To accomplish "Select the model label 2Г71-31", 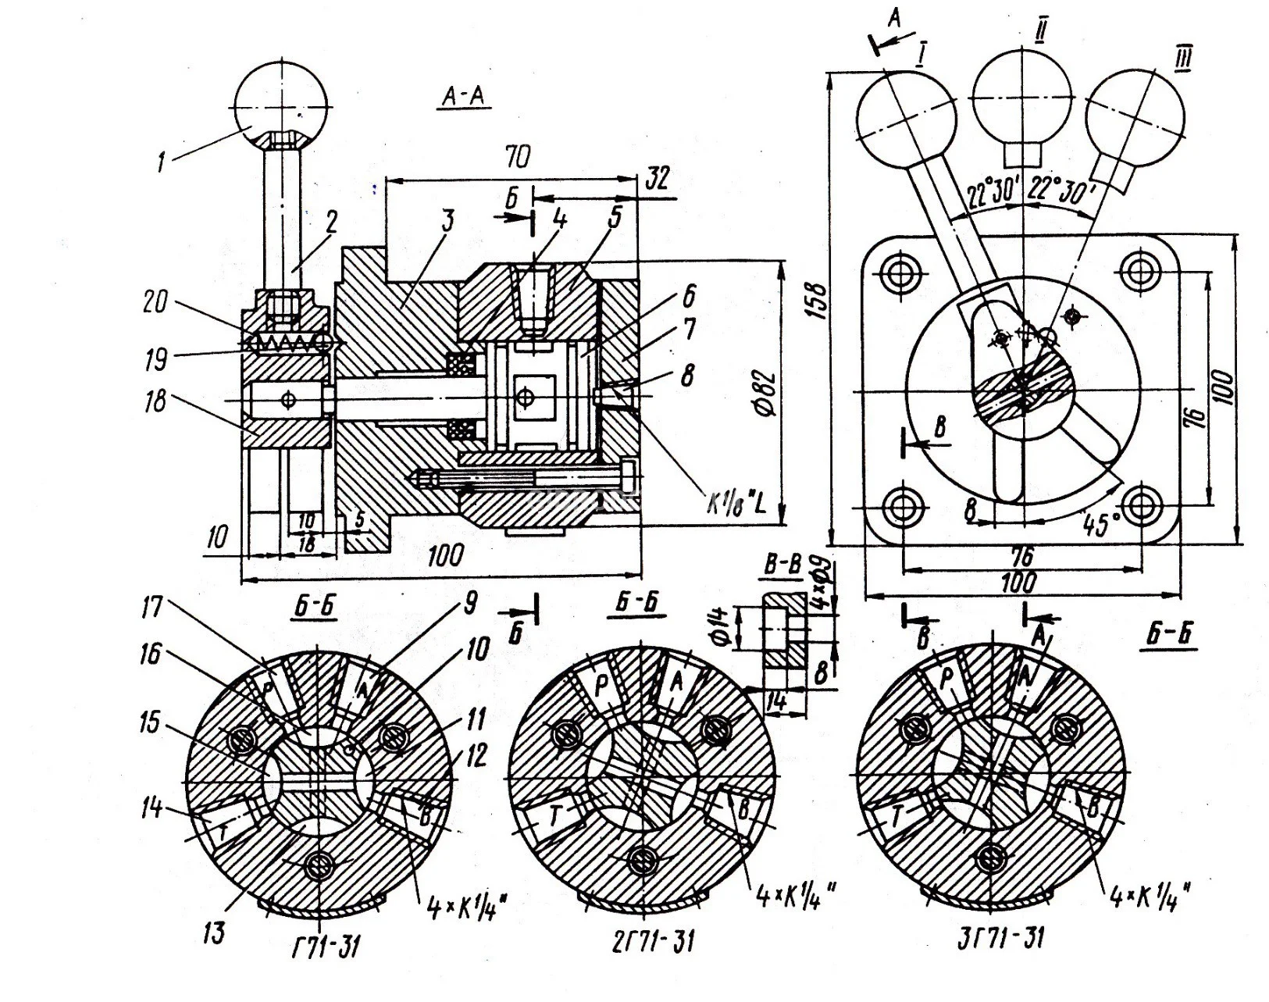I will click(x=650, y=942).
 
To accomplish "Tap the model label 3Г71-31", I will click(x=1000, y=936).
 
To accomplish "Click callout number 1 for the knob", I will click(x=162, y=163).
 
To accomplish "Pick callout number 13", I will click(x=216, y=932).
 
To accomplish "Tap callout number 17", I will click(x=153, y=607).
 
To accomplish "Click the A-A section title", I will click(x=462, y=96).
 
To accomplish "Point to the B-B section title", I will click(x=782, y=565).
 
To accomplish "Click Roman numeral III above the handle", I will click(x=1182, y=59).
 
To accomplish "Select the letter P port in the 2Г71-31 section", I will click(x=602, y=686).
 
